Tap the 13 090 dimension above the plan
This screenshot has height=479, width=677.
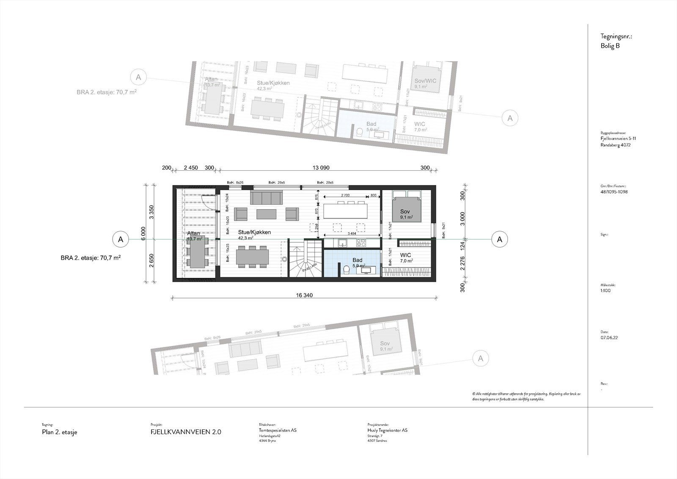321,168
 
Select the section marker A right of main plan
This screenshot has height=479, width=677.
499,239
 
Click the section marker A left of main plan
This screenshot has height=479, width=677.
121,239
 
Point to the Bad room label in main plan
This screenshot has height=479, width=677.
357,260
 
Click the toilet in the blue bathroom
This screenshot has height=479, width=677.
346,270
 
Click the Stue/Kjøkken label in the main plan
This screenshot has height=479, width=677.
254,233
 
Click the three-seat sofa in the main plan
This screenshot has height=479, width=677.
267,198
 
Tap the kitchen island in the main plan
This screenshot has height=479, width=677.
345,210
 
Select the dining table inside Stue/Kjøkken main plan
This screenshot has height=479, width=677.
252,256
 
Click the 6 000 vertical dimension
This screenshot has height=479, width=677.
143,233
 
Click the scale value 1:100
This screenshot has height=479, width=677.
605,291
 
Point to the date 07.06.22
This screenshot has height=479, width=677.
608,338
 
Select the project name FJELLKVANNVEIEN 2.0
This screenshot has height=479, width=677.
186,432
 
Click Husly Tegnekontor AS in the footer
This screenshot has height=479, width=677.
388,430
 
